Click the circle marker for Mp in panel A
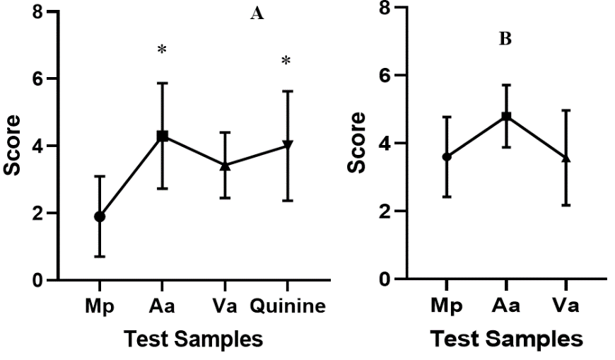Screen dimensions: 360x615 click(100, 216)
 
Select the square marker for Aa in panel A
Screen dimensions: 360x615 click(163, 136)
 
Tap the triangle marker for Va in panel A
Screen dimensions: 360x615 click(225, 166)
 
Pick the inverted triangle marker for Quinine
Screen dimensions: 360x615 click(287, 145)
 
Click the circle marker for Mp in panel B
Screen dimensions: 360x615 click(447, 156)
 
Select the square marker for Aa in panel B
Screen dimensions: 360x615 click(507, 116)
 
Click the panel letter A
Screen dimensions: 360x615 click(257, 14)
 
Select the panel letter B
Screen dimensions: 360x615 click(505, 39)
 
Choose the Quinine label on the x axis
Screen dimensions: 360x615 click(287, 307)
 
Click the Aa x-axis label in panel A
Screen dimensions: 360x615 click(163, 307)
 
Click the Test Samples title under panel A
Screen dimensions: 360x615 click(193, 339)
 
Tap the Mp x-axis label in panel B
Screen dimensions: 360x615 click(447, 306)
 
